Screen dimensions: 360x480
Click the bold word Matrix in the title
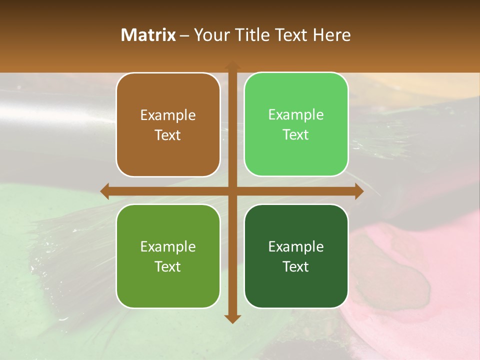pos(148,35)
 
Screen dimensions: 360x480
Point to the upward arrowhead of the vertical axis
pos(232,66)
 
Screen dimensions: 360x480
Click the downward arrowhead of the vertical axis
pos(232,318)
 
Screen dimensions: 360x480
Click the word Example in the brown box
pos(168,115)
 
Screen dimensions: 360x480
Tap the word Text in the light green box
pos(296,135)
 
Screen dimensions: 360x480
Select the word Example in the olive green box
pos(168,247)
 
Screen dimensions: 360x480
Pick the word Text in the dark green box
pos(296,266)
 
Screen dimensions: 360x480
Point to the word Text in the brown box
pos(168,135)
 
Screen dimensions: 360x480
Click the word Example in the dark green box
pos(296,247)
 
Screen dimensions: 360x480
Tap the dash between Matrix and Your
pos(184,35)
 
